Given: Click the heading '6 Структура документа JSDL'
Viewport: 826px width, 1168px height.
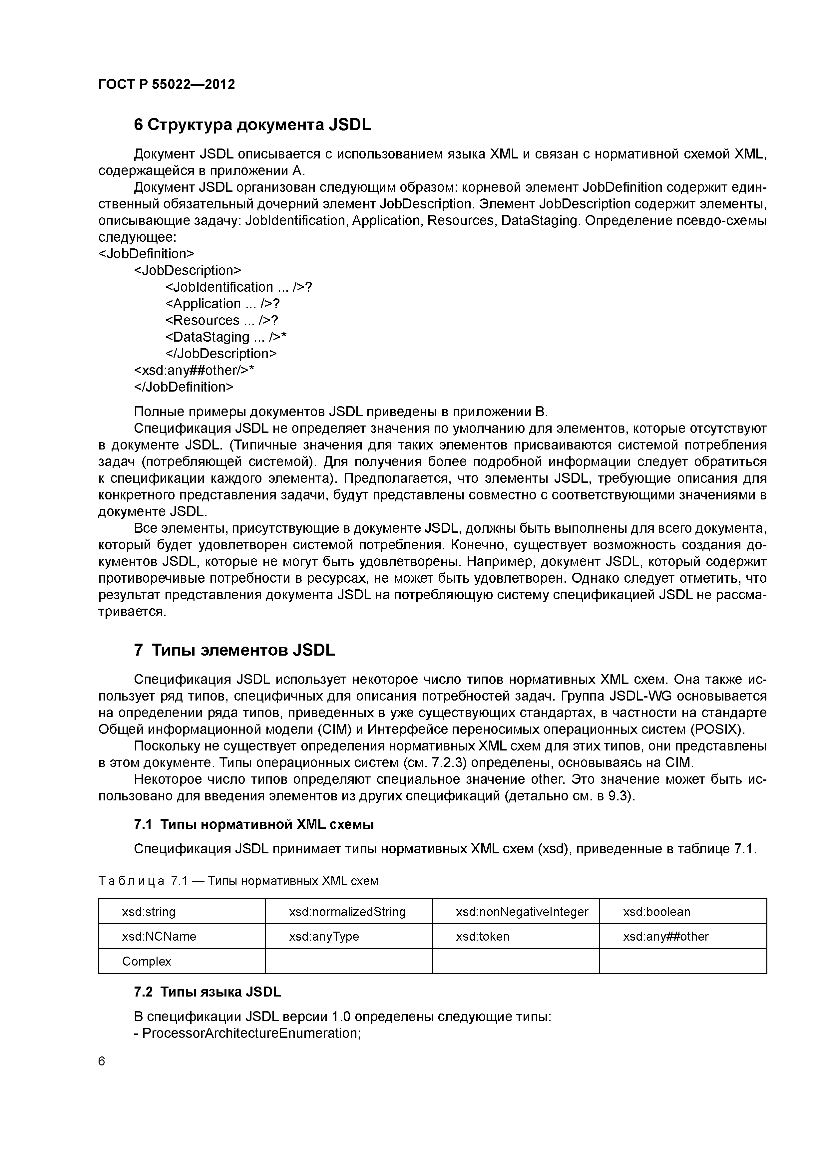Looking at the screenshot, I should click(x=252, y=125).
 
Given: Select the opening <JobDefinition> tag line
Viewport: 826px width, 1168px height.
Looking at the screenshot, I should click(x=147, y=253).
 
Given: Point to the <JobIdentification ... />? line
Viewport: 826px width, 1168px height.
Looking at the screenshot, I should click(x=238, y=287).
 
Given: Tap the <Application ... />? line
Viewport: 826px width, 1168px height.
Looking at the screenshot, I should click(x=222, y=304).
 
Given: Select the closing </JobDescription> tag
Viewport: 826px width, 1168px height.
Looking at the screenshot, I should click(x=221, y=354).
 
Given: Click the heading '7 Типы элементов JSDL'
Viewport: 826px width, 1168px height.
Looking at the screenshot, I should click(x=234, y=650).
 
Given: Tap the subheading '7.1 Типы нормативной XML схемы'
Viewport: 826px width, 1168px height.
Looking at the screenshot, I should click(x=253, y=825).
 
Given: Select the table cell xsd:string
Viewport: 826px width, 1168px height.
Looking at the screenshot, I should click(x=149, y=912).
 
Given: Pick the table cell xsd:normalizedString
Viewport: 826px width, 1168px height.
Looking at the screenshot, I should click(x=347, y=912).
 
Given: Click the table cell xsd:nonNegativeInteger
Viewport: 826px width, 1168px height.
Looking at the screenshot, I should click(x=522, y=912).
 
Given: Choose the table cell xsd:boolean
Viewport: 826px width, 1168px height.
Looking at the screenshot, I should click(x=656, y=912).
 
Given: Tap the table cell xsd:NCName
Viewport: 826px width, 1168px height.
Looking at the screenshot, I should click(x=159, y=937).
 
